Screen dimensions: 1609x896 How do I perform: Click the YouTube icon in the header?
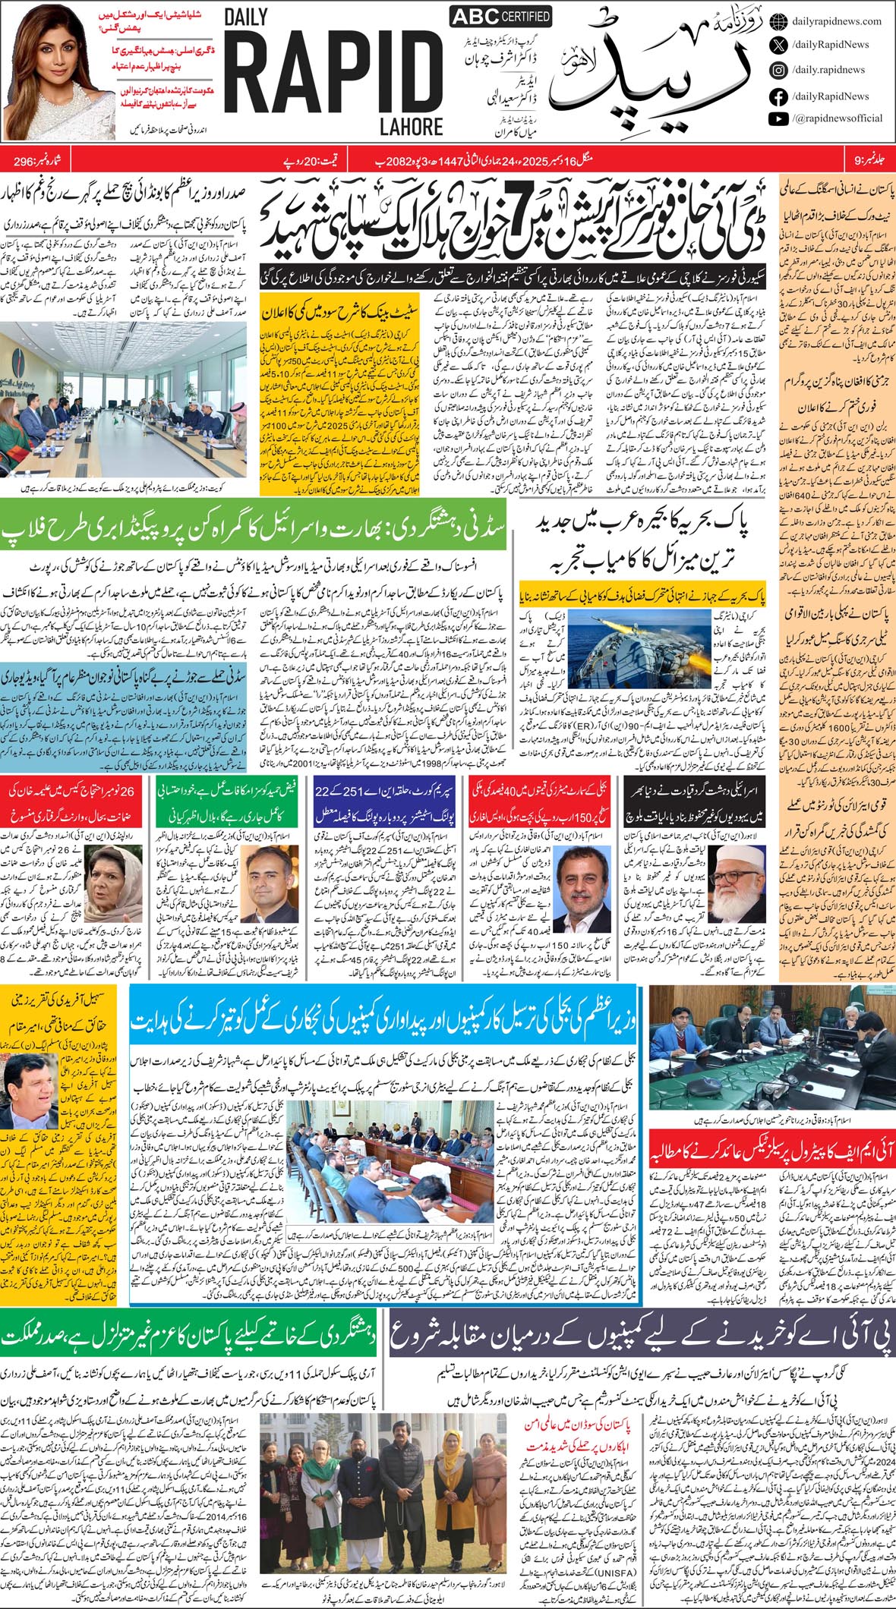(778, 118)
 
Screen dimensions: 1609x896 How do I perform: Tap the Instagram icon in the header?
(778, 70)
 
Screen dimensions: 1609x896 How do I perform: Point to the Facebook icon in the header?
(778, 96)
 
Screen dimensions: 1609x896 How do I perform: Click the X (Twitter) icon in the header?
(778, 46)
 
